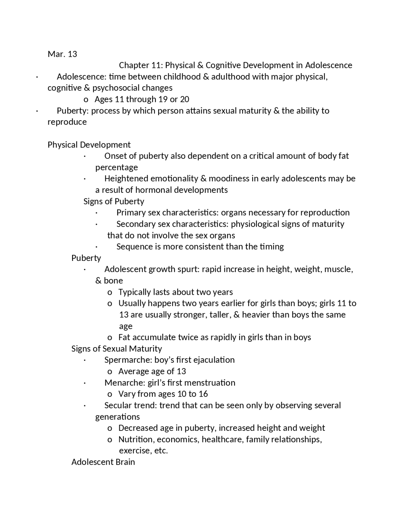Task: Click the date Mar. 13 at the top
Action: click(x=62, y=54)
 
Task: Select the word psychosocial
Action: click(x=115, y=88)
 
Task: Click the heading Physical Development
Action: click(x=89, y=145)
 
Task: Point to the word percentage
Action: click(x=116, y=167)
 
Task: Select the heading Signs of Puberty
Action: click(x=114, y=201)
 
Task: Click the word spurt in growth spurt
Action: click(x=189, y=269)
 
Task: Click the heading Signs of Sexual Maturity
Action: click(x=116, y=349)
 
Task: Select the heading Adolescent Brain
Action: click(x=103, y=462)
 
